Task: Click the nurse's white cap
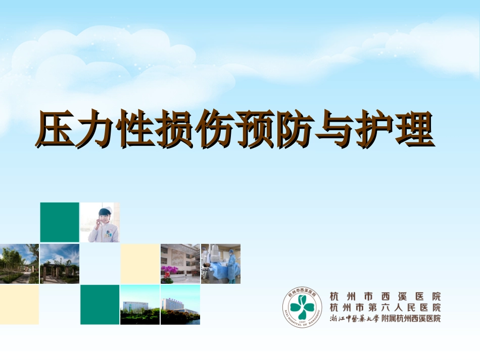coord(105,211)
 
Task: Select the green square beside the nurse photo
coord(60,222)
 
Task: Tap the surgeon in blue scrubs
coord(231,265)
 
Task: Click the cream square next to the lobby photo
coord(140,264)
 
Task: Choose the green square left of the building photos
coord(100,304)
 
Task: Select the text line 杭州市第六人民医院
coord(385,307)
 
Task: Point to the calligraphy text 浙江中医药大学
coord(353,319)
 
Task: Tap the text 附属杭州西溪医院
coord(411,319)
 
